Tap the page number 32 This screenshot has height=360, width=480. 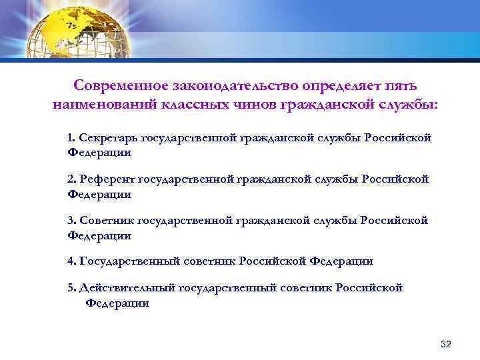point(446,344)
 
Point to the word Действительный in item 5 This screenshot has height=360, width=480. point(123,288)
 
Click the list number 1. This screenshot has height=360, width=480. point(71,138)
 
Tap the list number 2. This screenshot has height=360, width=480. point(71,179)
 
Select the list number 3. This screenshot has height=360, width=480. point(71,221)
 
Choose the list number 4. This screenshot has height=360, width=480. point(71,261)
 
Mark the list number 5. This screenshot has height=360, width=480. point(71,288)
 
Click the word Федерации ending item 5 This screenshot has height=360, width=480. point(117,303)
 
